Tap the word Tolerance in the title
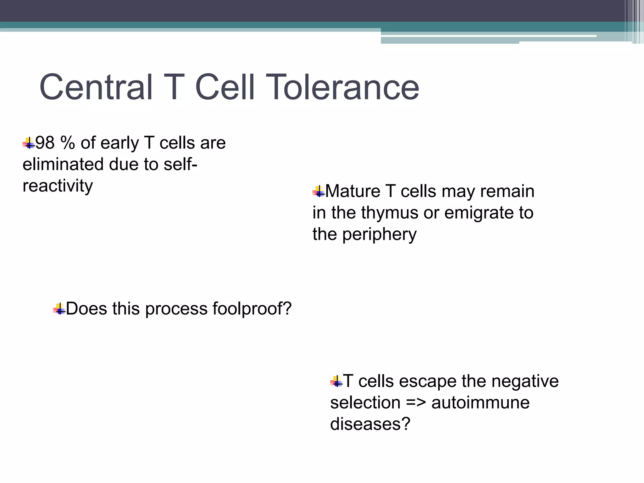pyautogui.click(x=344, y=87)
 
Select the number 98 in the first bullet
pyautogui.click(x=45, y=143)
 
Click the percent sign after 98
pyautogui.click(x=68, y=143)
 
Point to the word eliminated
pyautogui.click(x=63, y=164)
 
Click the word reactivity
pyautogui.click(x=58, y=186)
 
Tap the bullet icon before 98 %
pyautogui.click(x=29, y=143)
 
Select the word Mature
pyautogui.click(x=353, y=191)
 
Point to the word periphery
pyautogui.click(x=379, y=235)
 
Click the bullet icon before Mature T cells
pyautogui.click(x=319, y=192)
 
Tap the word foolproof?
pyautogui.click(x=252, y=308)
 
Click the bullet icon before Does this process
pyautogui.click(x=59, y=309)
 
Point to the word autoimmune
pyautogui.click(x=480, y=403)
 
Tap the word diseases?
pyautogui.click(x=370, y=424)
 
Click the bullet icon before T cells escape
pyautogui.click(x=336, y=382)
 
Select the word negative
pyautogui.click(x=525, y=381)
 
